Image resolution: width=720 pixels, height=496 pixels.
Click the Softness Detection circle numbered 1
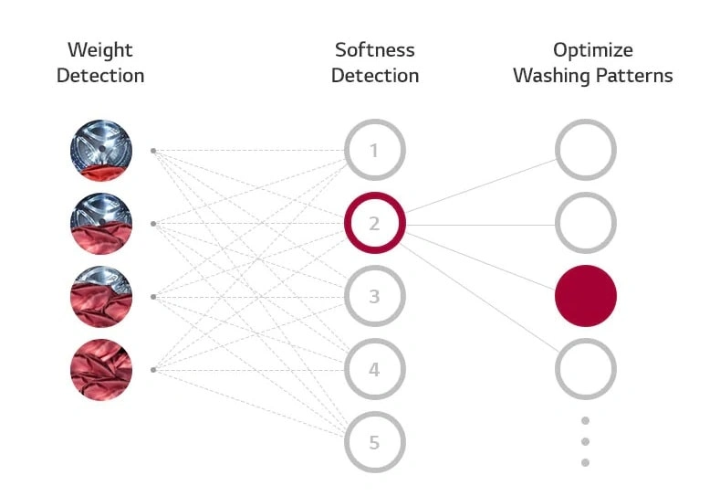[x=374, y=150]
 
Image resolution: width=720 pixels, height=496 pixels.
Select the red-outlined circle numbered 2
[x=374, y=223]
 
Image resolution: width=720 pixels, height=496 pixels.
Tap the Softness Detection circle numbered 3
[x=374, y=296]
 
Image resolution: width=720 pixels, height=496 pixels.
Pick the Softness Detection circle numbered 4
[x=374, y=369]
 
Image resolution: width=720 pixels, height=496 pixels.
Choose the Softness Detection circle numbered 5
[x=374, y=442]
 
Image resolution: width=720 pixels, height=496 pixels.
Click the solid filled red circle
[x=586, y=296]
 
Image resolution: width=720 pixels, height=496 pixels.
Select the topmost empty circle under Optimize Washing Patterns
[x=586, y=150]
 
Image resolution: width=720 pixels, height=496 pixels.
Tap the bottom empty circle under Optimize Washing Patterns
[x=586, y=369]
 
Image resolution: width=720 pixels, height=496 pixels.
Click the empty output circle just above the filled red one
[x=586, y=223]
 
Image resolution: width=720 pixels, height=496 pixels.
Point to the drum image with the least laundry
[x=101, y=150]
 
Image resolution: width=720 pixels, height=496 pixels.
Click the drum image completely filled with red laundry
[x=101, y=369]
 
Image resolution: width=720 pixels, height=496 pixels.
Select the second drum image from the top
[x=101, y=223]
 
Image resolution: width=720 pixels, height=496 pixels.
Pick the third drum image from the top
[x=101, y=296]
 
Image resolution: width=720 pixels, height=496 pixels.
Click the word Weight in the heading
[x=100, y=50]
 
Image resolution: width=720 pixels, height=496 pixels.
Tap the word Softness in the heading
[x=374, y=50]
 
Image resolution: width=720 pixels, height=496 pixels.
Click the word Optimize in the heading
[x=592, y=50]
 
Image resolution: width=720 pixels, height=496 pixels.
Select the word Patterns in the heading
[x=636, y=76]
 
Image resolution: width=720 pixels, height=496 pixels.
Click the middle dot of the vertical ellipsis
[x=586, y=442]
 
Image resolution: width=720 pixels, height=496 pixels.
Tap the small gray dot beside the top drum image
[x=153, y=150]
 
